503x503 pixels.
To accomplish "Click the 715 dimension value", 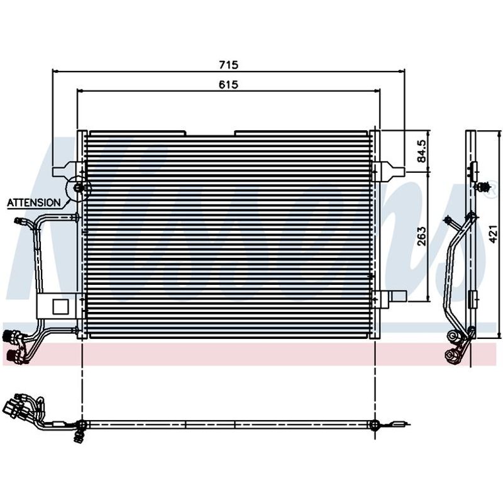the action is tap(229, 65).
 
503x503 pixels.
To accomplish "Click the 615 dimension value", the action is tap(229, 84).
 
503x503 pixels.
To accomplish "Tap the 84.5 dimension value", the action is tap(421, 151).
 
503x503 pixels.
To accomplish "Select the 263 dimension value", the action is tap(421, 236).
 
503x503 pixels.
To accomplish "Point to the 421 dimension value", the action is tap(494, 234).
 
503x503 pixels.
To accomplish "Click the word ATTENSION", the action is tap(34, 202).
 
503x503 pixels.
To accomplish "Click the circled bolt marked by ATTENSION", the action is tap(78, 187).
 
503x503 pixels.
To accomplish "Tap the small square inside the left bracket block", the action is tap(60, 307).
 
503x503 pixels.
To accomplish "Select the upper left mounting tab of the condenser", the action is tap(65, 169).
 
